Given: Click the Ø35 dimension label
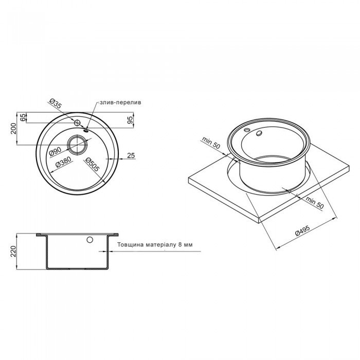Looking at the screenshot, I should [56, 104].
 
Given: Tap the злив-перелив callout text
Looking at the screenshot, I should [119, 102].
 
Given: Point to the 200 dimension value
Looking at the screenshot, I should [14, 129].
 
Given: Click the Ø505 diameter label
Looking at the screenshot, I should [92, 164].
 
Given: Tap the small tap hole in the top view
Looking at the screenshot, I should [77, 123].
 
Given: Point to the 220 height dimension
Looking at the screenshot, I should [14, 251].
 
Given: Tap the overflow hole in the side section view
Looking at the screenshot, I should [91, 240].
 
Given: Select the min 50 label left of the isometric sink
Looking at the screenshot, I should [211, 143].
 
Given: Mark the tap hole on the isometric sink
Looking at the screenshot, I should [258, 133].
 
